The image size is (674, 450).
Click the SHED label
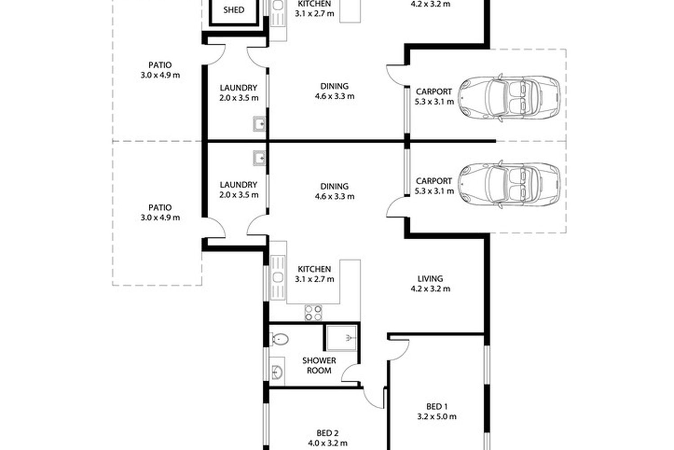click(x=234, y=10)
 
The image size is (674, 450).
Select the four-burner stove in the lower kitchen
click(x=313, y=313)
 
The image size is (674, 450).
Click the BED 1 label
click(x=437, y=407)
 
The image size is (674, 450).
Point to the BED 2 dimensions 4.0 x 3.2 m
click(x=328, y=443)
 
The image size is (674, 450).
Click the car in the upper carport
click(x=509, y=98)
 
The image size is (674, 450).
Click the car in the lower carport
click(x=509, y=184)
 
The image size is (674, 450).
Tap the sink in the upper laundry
click(x=259, y=124)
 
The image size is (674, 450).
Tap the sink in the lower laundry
click(x=259, y=158)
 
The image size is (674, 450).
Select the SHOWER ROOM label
click(x=319, y=365)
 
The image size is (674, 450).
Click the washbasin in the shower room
click(x=277, y=372)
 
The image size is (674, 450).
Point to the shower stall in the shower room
click(x=342, y=338)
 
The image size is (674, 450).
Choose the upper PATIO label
click(x=160, y=65)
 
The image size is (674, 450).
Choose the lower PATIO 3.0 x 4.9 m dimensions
click(x=160, y=217)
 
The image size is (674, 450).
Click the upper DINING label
click(x=334, y=86)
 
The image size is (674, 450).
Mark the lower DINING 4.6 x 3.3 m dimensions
click(x=334, y=197)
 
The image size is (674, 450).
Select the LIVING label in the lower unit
click(x=430, y=279)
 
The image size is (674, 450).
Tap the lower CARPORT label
click(x=434, y=181)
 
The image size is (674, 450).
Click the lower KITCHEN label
click(x=315, y=269)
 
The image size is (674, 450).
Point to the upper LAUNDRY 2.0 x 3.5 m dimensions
click(x=239, y=98)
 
